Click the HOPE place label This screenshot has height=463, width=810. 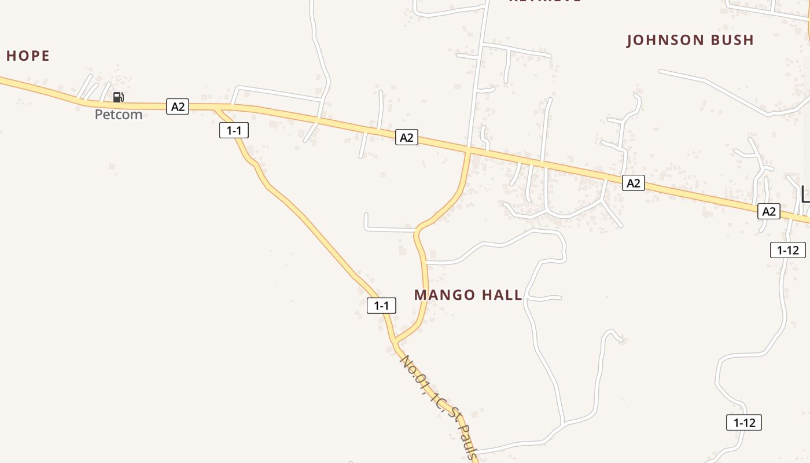[28, 56]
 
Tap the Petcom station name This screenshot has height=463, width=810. [119, 115]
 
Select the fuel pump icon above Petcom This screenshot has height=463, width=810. [119, 97]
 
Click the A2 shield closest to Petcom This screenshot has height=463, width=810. [178, 106]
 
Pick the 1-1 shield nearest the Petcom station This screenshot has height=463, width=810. [234, 131]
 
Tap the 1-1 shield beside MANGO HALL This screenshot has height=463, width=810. [381, 306]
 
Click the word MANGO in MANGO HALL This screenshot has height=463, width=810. [444, 295]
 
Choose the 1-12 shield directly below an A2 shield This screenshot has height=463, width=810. [787, 250]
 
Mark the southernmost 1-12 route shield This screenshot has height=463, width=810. [744, 423]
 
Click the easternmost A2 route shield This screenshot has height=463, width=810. [768, 212]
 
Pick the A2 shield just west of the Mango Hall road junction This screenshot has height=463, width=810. [407, 138]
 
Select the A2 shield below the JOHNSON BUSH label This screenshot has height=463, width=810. [634, 183]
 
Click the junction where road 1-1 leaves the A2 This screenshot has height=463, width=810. [216, 108]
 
